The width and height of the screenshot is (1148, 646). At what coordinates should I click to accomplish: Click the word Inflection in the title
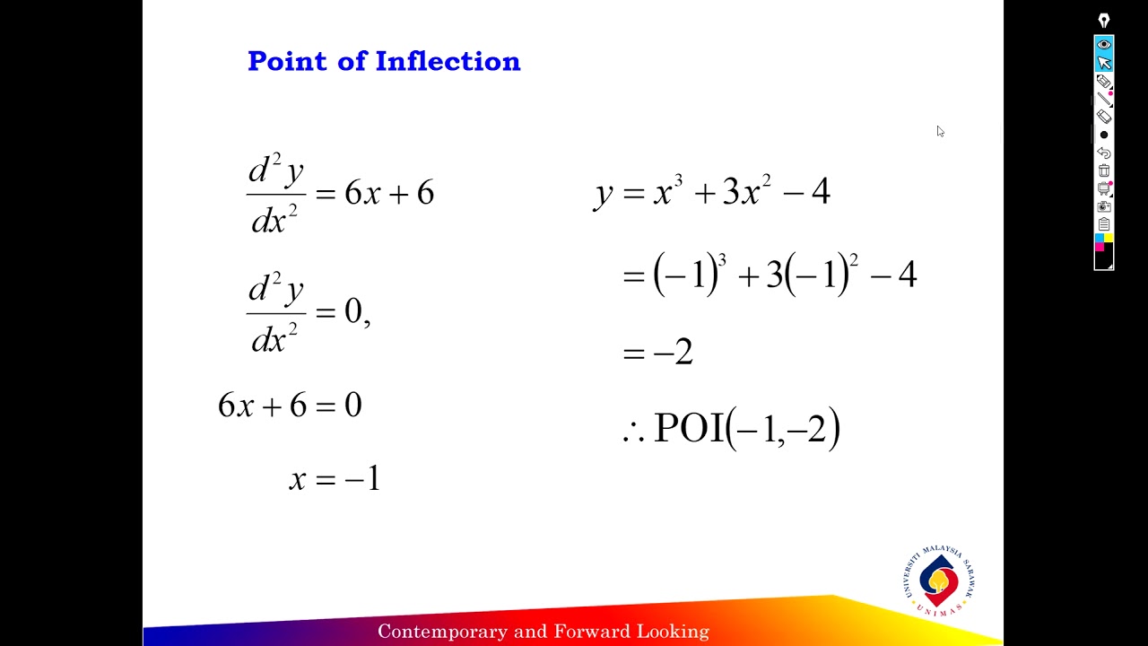(x=448, y=61)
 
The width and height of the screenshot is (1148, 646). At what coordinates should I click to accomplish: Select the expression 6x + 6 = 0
(x=290, y=406)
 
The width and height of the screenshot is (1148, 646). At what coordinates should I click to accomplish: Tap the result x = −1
(x=335, y=479)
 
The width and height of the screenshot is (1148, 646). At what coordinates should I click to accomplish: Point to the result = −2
(x=658, y=352)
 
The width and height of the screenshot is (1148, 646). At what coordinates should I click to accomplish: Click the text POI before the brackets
(x=688, y=428)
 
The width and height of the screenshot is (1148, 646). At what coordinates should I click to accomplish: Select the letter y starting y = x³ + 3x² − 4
(x=603, y=193)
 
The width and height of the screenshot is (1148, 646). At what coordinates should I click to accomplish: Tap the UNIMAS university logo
(x=938, y=581)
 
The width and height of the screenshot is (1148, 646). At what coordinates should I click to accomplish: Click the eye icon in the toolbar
(x=1104, y=45)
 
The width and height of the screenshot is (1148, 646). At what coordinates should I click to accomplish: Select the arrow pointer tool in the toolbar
(x=1104, y=63)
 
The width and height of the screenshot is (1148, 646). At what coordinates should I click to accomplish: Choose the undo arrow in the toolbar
(x=1104, y=153)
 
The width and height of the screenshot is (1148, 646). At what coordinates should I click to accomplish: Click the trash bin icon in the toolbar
(x=1104, y=170)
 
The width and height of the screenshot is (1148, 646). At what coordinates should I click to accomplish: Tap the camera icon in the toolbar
(x=1104, y=206)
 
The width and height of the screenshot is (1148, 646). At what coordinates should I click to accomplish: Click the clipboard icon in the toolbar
(x=1104, y=224)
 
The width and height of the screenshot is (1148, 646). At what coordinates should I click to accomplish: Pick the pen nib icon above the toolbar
(x=1104, y=21)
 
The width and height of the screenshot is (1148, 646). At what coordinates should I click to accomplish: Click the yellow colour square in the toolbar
(x=1109, y=238)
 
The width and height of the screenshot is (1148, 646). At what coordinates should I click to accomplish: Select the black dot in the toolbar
(x=1104, y=135)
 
